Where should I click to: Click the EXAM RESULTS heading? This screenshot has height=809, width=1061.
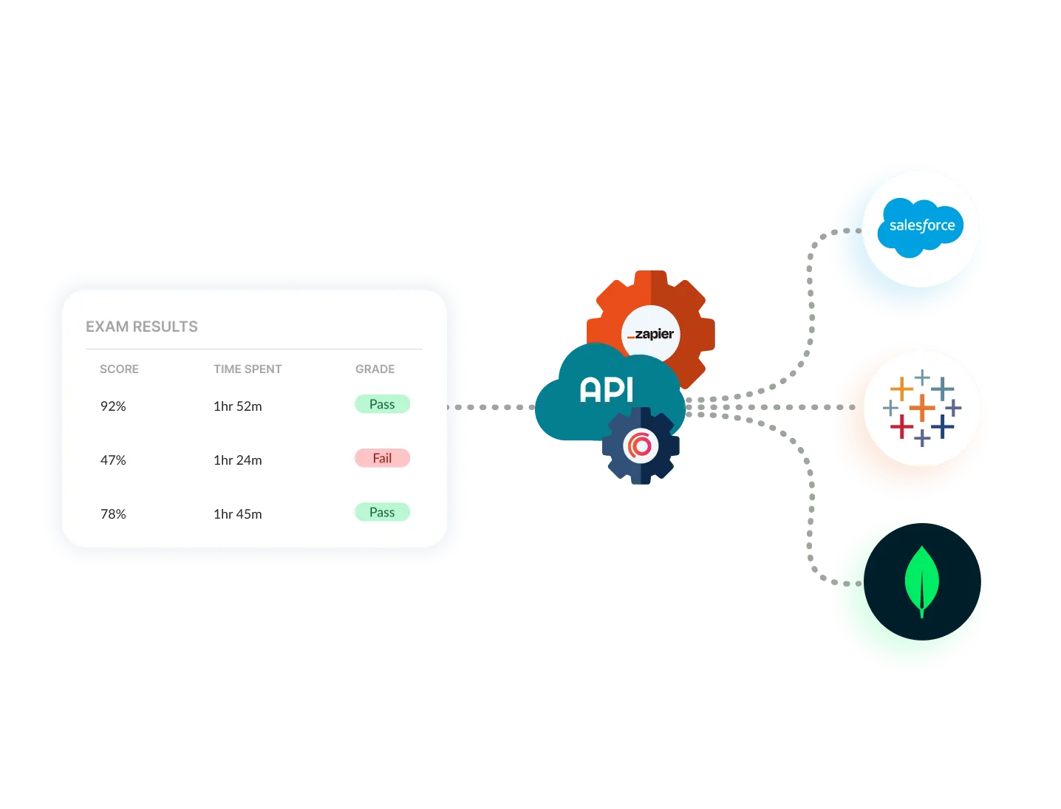[x=142, y=327]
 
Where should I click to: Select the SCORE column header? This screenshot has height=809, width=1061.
[x=119, y=369]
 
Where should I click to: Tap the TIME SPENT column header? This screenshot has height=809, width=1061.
[x=248, y=369]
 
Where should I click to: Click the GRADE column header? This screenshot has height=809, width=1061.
[x=375, y=369]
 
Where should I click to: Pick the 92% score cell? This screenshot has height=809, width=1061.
[x=113, y=406]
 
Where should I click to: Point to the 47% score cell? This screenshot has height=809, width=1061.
[x=113, y=460]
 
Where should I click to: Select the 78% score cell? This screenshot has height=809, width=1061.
[x=113, y=514]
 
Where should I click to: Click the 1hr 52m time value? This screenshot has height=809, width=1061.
[x=237, y=406]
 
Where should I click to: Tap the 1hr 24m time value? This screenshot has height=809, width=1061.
[x=237, y=460]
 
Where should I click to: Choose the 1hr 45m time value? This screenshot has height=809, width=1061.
[x=237, y=514]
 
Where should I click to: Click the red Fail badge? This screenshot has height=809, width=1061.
[x=382, y=458]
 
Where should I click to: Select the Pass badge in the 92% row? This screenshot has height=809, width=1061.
[x=382, y=404]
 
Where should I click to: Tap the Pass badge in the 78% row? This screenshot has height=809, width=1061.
[x=382, y=512]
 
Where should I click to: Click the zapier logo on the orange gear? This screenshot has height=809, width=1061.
[x=650, y=334]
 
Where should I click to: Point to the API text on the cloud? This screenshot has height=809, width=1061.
[x=607, y=389]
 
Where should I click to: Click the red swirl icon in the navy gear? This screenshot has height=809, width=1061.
[x=640, y=446]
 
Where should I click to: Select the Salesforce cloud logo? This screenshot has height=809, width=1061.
[x=921, y=226]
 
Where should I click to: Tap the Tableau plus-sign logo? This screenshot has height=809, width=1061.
[x=921, y=408]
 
